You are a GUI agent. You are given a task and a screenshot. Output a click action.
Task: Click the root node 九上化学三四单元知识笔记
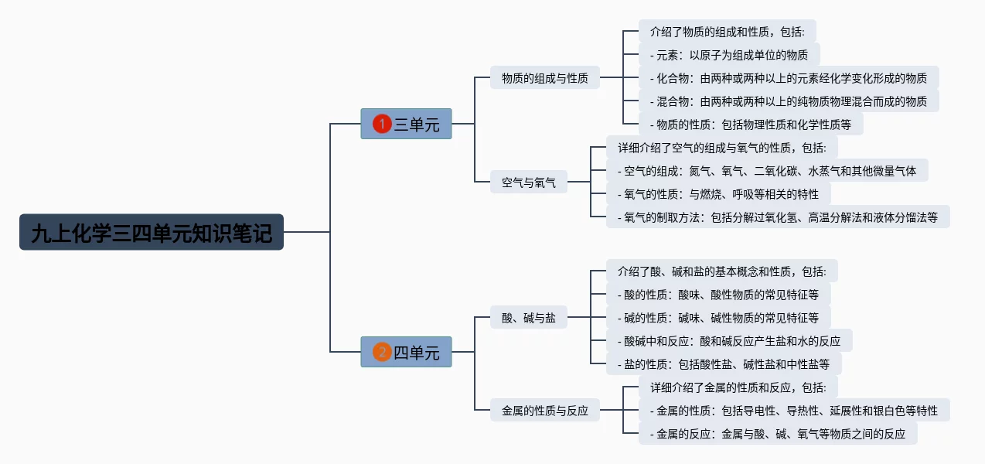[152, 232]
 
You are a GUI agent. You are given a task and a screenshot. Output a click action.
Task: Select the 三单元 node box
[406, 124]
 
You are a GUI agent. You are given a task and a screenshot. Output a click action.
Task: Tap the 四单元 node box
[406, 353]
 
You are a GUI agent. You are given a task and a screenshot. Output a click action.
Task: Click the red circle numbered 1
[382, 124]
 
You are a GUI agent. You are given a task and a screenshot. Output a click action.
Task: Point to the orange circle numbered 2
[382, 353]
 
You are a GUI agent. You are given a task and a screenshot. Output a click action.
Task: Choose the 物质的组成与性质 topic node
[544, 77]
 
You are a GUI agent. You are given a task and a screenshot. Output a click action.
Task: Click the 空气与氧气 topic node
[529, 183]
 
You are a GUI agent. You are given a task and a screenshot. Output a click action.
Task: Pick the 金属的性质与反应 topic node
[544, 411]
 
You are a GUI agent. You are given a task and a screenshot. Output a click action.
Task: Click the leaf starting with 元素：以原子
[729, 54]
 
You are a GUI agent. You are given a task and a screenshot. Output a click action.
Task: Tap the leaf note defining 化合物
[789, 77]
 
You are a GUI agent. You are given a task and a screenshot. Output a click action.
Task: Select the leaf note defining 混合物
[789, 101]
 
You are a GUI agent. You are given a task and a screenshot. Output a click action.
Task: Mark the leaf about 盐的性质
[723, 363]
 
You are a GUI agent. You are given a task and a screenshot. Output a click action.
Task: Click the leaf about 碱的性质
[718, 317]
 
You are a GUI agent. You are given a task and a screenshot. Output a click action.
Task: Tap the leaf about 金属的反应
[778, 433]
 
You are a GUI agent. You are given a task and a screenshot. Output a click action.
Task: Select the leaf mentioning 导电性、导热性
[794, 410]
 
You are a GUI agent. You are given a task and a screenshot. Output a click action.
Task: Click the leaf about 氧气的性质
[717, 193]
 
